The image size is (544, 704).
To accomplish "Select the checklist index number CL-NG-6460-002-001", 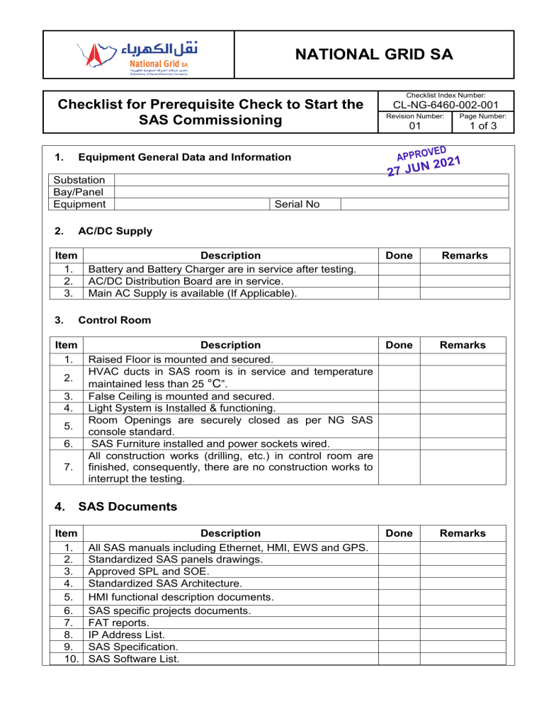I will pos(440,106).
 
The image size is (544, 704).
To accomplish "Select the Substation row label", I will pos(79,181).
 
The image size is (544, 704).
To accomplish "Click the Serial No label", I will pos(296,204).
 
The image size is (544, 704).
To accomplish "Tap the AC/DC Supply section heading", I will pos(106,231).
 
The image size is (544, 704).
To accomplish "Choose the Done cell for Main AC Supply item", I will pos(400,293).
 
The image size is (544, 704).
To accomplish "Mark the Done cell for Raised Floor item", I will pos(400,359).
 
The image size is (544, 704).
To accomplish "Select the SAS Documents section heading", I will pos(127,506).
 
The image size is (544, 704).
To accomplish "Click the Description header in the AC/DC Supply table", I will pos(231,255).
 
